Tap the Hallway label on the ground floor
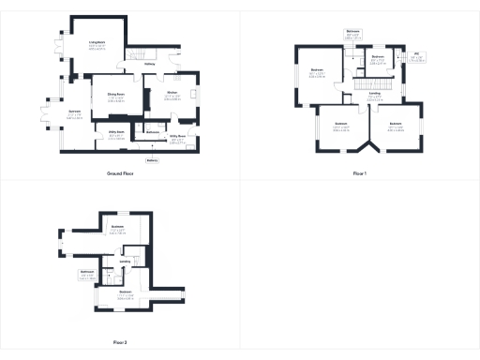pos(149,64)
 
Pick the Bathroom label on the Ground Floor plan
pos(154,132)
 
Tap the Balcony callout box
pos(152,159)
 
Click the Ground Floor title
pos(124,174)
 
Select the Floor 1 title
pos(359,174)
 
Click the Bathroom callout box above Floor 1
pos(353,34)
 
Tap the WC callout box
pos(416,57)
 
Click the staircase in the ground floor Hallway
pos(137,52)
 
